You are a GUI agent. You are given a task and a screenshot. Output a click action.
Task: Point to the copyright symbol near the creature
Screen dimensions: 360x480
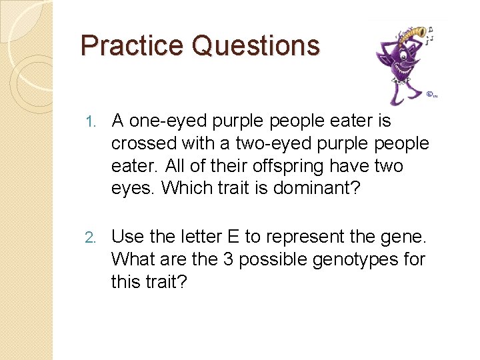click(x=431, y=94)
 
